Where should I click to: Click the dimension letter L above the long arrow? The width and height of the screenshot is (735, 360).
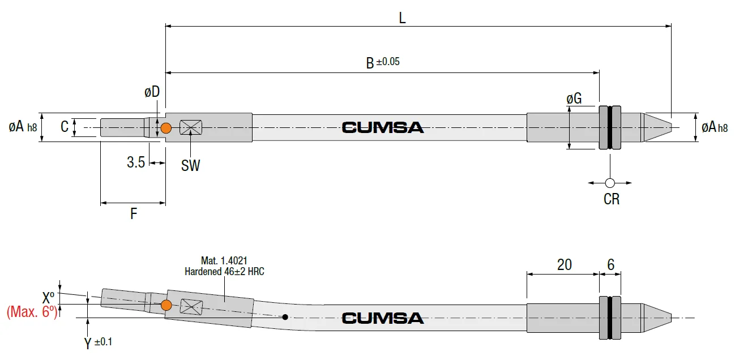(x=402, y=18)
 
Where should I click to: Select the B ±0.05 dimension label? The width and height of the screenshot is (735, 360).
(x=383, y=62)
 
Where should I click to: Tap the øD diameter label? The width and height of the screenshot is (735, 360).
(x=152, y=92)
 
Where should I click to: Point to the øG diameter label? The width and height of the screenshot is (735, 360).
(x=574, y=98)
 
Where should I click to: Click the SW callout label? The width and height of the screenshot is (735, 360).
(x=190, y=166)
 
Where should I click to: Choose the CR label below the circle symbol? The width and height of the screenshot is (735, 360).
(x=612, y=199)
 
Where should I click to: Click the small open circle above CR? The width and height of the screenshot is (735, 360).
(x=610, y=183)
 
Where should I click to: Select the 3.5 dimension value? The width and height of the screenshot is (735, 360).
(x=136, y=162)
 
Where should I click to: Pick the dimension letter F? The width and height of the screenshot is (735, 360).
(x=134, y=214)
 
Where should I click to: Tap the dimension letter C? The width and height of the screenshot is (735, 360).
(x=65, y=127)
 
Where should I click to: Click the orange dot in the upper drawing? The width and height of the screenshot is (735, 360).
(x=166, y=128)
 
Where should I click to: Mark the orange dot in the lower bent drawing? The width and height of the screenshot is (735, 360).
(x=166, y=305)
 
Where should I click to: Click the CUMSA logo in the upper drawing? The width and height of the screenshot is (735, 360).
(x=383, y=127)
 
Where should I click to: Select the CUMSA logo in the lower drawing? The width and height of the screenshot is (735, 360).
(x=383, y=318)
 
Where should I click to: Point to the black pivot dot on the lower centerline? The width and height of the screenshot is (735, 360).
(x=285, y=317)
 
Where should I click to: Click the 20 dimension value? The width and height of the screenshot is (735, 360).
(x=565, y=264)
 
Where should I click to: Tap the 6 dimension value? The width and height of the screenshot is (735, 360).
(x=610, y=264)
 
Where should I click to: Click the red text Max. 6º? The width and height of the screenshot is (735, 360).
(x=32, y=312)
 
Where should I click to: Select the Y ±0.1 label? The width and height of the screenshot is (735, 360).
(x=98, y=342)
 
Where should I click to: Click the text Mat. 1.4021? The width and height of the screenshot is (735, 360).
(x=224, y=260)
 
